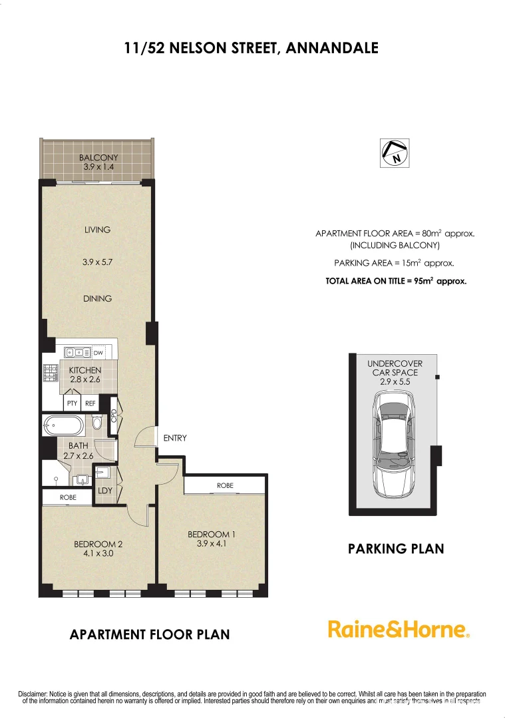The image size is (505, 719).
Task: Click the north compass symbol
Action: click(395, 153)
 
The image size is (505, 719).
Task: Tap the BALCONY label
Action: click(98, 158)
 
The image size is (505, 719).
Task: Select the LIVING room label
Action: click(97, 230)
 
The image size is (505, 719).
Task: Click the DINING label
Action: click(97, 298)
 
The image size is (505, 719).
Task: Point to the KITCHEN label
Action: click(85, 370)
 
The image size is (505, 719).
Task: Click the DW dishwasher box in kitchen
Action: click(98, 352)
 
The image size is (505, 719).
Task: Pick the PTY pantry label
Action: click(72, 403)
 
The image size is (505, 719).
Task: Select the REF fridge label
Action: click(90, 403)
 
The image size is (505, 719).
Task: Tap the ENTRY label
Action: click(175, 438)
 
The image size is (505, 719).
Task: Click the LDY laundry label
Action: click(105, 491)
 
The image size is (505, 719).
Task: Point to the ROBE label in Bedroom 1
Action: click(225, 486)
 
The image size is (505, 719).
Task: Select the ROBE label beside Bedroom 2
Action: click(67, 497)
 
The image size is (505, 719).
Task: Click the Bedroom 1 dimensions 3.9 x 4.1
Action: click(212, 543)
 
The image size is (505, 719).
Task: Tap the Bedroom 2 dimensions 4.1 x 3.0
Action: click(98, 553)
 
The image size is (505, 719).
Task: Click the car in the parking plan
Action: click(393, 444)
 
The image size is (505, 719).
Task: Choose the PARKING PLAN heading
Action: click(396, 549)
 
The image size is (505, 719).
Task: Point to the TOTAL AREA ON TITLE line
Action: click(396, 281)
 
